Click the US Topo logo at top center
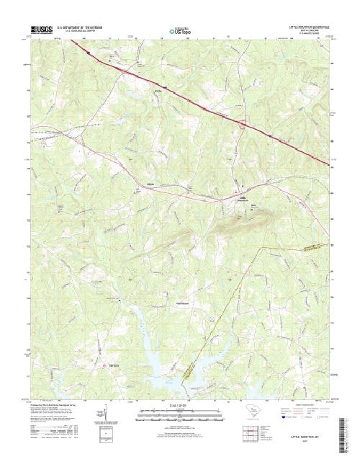pyautogui.click(x=179, y=31)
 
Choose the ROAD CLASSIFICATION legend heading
pyautogui.click(x=306, y=406)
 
